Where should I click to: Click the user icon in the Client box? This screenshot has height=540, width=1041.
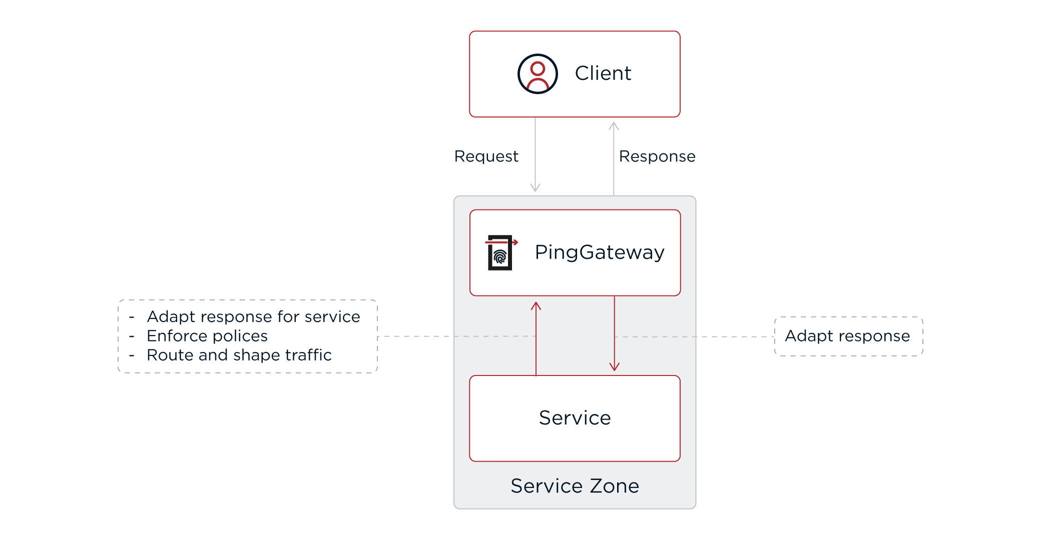pos(538,74)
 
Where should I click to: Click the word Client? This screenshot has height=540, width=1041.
pos(603,73)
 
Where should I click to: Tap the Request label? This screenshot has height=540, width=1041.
pos(486,156)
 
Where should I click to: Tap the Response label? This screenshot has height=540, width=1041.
pos(657,156)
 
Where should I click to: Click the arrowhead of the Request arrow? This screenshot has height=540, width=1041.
pos(535,188)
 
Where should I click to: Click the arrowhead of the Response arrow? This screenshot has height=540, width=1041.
pos(614,125)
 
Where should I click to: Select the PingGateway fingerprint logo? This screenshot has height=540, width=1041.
pos(500,252)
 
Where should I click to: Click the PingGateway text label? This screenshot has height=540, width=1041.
pos(600,252)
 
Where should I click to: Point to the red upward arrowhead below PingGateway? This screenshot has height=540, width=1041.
pos(536,305)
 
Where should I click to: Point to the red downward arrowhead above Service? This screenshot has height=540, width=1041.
pos(615,367)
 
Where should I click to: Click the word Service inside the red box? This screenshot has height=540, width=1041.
pos(575,418)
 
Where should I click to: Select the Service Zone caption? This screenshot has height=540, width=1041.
pos(575,486)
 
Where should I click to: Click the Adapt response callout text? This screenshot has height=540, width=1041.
pos(847,336)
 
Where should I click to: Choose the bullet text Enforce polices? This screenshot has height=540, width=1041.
pos(207,336)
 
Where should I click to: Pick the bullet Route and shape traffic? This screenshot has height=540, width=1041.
pos(239,355)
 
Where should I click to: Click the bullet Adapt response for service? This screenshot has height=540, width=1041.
pos(253,316)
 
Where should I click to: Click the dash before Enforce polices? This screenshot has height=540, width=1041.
pos(132,336)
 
